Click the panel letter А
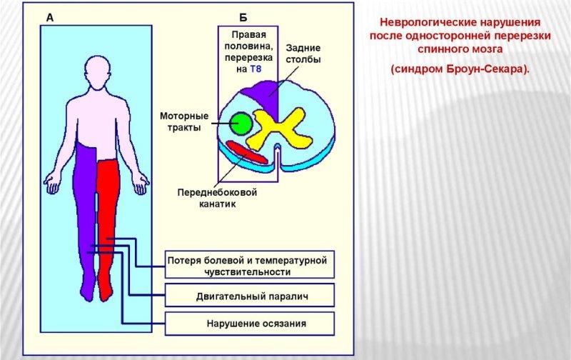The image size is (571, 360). [x=49, y=16]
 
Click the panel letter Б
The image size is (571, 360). [x=243, y=16]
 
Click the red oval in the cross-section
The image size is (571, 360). [x=247, y=152]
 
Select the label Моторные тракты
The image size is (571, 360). [x=183, y=121]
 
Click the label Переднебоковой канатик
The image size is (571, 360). [x=216, y=198]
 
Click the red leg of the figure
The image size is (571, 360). [x=108, y=214]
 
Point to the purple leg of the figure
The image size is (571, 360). [x=86, y=214]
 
